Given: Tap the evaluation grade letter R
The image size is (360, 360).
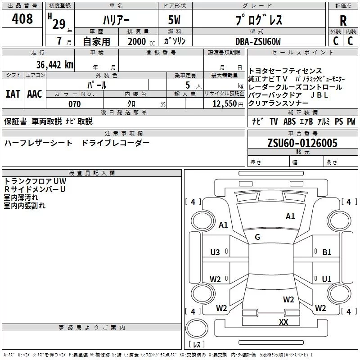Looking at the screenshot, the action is [343, 21].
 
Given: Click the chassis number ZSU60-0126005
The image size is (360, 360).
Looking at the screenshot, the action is [302, 144].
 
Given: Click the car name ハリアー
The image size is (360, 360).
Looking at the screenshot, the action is [116, 21].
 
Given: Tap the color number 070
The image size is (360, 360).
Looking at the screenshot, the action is [74, 104].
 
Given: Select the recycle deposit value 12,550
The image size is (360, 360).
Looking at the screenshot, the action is [224, 104].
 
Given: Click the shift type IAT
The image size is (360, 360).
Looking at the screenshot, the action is [13, 94].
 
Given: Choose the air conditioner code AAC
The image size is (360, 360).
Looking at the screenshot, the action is [35, 94].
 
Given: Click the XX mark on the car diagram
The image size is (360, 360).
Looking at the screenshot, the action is [283, 322].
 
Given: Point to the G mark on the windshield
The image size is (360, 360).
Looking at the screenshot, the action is [257, 237].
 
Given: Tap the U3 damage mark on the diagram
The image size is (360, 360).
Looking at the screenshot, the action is [215, 252].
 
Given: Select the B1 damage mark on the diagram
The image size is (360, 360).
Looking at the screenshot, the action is [327, 252].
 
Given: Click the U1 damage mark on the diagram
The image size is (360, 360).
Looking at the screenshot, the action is [327, 279].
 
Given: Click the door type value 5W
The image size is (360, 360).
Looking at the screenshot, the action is [175, 21].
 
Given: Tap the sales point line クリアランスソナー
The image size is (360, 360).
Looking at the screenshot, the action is [279, 103].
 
